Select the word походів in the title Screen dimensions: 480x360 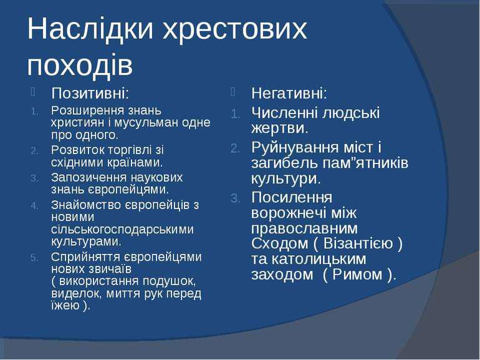tap(80, 66)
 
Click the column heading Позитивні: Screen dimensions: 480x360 tap(90, 93)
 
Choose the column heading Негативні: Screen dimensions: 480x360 tap(289, 93)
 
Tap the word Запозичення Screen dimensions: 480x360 tap(89, 178)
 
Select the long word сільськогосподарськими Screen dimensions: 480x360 tap(122, 230)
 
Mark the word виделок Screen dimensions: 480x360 tap(77, 294)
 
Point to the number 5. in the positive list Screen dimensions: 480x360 tap(34, 258)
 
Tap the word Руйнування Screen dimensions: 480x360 tap(295, 148)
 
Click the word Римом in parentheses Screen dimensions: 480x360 tap(357, 275)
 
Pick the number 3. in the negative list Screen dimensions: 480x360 tap(235, 199)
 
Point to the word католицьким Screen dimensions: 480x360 tap(319, 259)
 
